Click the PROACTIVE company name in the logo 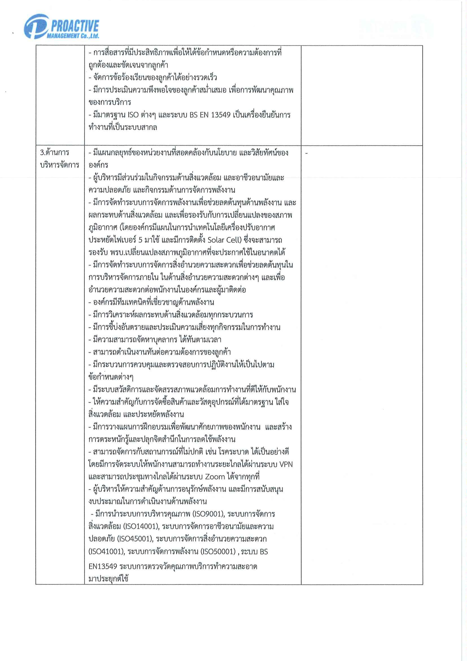(x=75, y=27)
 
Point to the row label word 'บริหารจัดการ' (x=59, y=165)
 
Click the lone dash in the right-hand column (x=306, y=154)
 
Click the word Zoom (x=215, y=477)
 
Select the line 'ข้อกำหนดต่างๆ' (x=111, y=377)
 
